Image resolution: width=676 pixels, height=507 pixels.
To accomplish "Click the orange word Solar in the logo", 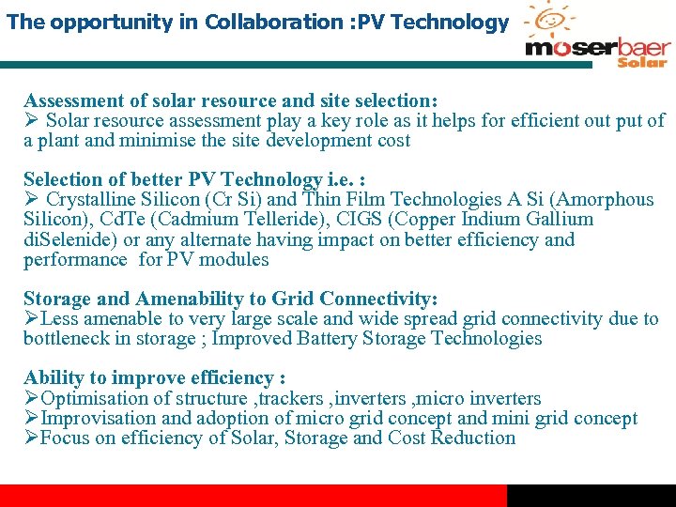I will tap(642, 62).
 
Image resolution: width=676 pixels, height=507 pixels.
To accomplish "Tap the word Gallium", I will tap(559, 220).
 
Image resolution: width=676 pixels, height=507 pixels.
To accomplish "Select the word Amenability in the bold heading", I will tap(193, 300).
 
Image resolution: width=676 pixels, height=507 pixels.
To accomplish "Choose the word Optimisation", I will tap(99, 398).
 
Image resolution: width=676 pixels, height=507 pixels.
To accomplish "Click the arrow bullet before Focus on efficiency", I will tap(31, 438).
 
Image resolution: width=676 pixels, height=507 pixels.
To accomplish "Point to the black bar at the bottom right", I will tap(591, 496).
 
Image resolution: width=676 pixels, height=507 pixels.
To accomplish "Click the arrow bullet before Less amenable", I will tap(31, 319).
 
